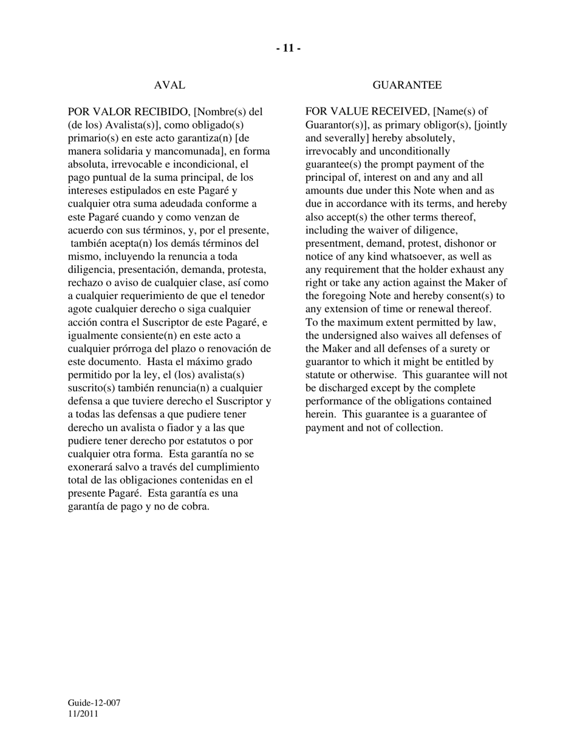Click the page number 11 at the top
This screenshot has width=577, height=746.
click(x=288, y=49)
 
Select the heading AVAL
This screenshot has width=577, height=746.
click(x=169, y=86)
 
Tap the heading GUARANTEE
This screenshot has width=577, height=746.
click(x=407, y=86)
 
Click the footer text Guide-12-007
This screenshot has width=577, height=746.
click(x=94, y=703)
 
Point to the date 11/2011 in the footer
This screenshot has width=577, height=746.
click(x=83, y=714)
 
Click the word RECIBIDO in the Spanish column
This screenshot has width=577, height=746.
click(x=160, y=112)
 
